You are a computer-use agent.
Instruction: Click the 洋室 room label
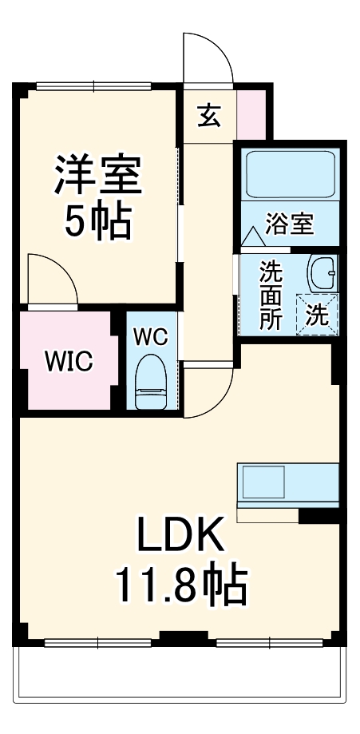click(97, 177)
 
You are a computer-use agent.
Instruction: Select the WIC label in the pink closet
click(68, 361)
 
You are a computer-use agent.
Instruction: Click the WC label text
click(150, 337)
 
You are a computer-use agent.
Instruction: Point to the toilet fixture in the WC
click(150, 383)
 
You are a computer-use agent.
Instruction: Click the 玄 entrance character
click(208, 117)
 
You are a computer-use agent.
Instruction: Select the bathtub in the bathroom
click(289, 175)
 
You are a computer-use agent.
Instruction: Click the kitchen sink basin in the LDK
click(264, 482)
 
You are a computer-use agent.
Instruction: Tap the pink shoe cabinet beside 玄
click(252, 112)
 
